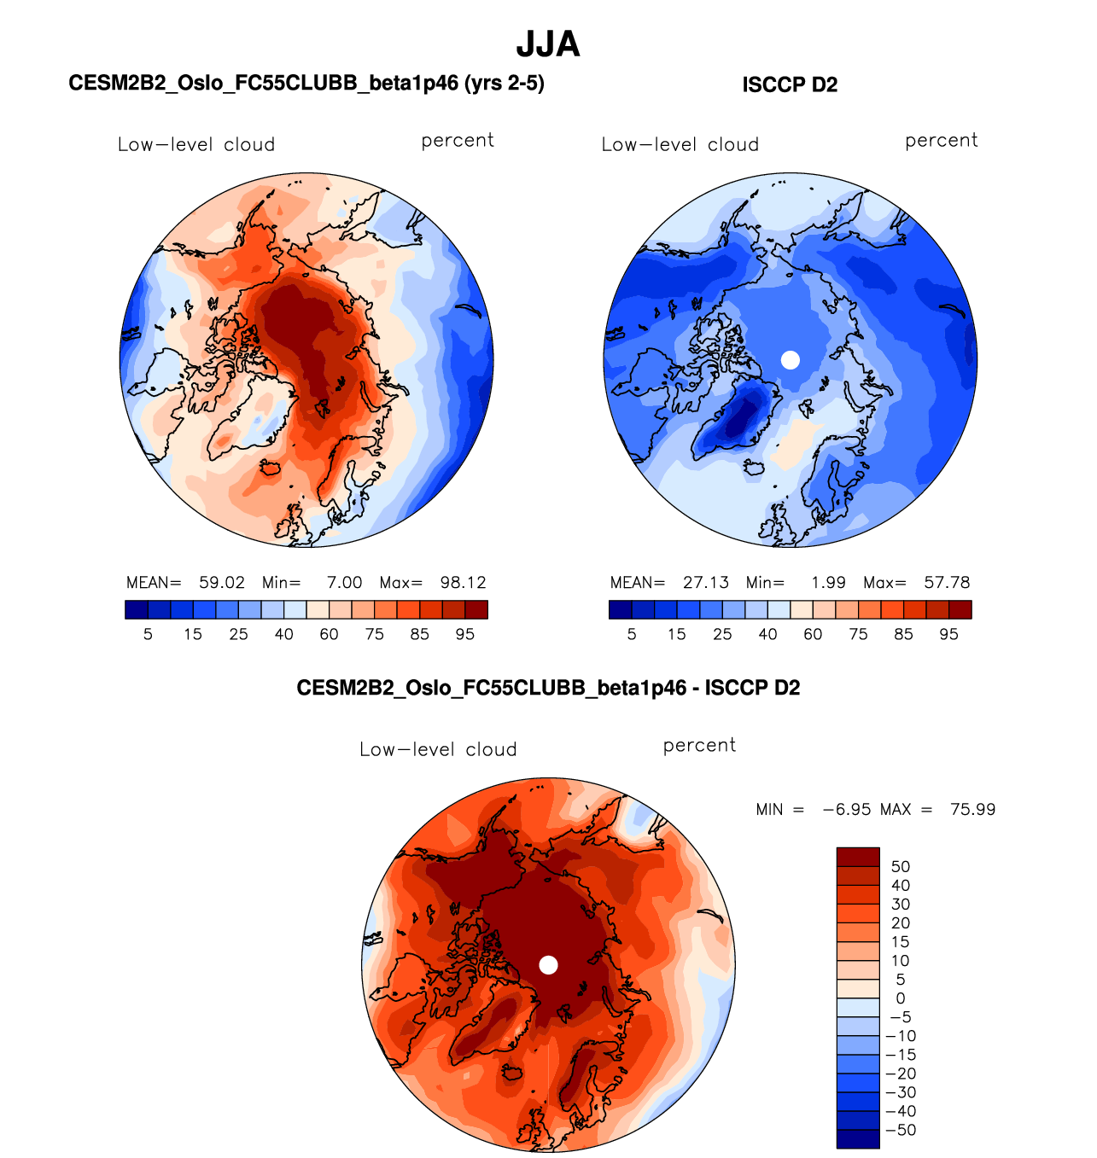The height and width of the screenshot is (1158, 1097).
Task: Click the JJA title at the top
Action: point(548,44)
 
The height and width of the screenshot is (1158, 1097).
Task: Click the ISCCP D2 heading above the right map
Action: point(790,85)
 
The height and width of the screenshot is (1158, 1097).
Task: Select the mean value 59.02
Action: point(222,583)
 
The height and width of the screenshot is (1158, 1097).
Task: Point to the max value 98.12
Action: point(463,583)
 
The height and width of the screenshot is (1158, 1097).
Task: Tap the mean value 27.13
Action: point(706,583)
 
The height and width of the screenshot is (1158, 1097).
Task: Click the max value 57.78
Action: point(947,583)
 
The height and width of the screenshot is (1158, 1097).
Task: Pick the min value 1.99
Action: point(828,583)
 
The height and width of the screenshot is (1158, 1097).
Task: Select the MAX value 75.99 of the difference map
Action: point(972,809)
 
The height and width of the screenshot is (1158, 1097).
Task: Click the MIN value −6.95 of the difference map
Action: point(846,809)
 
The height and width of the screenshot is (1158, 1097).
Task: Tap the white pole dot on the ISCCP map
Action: point(791,360)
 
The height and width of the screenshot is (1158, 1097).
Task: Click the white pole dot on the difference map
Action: point(549,965)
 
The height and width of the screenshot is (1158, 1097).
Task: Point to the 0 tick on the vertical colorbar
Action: point(900,998)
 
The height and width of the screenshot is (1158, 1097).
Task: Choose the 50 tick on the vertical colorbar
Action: point(900,867)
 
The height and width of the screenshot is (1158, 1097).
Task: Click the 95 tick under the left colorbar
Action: point(464,634)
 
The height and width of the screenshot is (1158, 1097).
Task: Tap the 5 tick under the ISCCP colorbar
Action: point(632,634)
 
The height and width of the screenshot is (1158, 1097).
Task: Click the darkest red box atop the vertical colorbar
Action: point(858,857)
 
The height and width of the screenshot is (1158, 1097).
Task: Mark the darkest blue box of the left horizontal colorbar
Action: point(137,609)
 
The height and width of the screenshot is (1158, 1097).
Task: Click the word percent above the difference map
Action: point(699,746)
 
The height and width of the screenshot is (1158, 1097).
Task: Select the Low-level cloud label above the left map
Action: point(196,145)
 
